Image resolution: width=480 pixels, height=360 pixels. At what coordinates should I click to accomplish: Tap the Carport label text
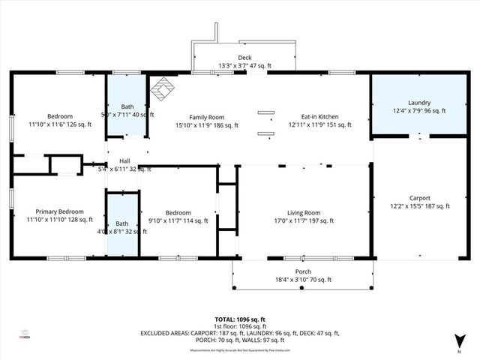click(419, 198)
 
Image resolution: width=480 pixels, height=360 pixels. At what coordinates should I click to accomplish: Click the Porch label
click(303, 271)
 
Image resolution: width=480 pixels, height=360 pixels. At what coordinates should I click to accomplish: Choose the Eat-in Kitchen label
click(320, 117)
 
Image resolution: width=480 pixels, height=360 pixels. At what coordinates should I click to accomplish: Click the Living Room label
click(304, 212)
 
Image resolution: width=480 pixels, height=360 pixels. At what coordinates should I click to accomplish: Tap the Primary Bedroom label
click(55, 212)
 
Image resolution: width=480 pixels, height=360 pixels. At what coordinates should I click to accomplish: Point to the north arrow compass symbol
click(458, 341)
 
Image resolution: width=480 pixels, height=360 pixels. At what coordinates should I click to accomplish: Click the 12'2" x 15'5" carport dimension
click(419, 206)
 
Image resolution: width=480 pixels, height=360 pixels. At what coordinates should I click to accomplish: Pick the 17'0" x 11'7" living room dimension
click(304, 220)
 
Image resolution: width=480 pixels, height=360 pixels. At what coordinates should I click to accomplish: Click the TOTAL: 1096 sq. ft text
click(239, 319)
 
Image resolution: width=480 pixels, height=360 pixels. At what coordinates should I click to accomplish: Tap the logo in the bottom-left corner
click(25, 334)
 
